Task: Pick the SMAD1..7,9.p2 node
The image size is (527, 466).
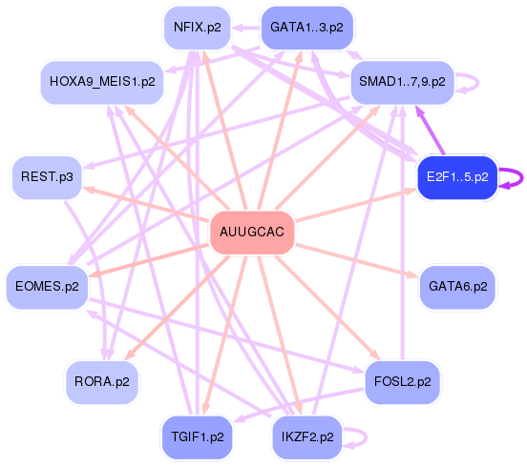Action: click(402, 82)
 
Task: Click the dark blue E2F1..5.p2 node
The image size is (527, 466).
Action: click(456, 177)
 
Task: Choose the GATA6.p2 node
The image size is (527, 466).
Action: click(457, 285)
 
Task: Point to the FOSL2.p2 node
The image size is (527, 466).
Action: click(404, 381)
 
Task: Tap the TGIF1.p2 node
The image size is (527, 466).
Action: click(198, 437)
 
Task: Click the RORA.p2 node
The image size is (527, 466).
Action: click(102, 381)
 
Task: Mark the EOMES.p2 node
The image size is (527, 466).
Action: click(47, 285)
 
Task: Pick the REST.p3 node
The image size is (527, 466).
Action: click(47, 177)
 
